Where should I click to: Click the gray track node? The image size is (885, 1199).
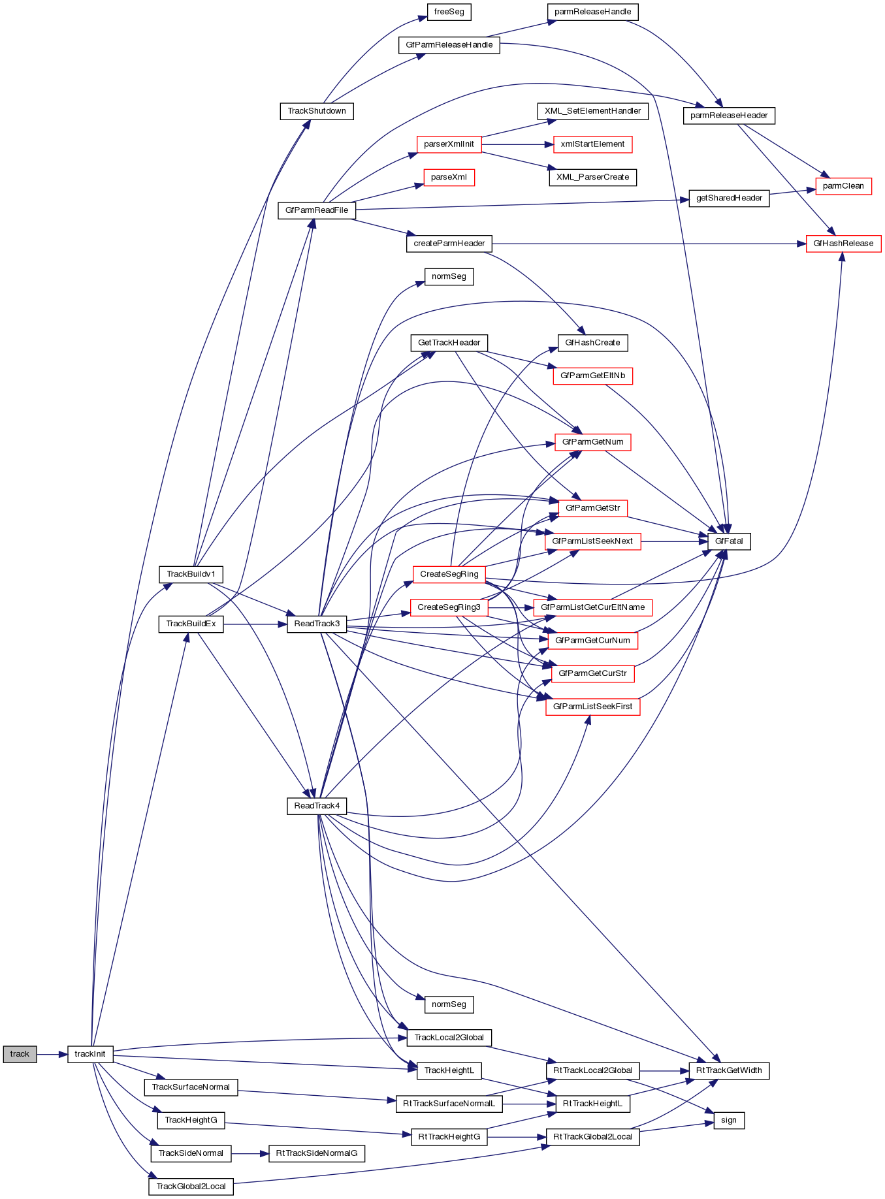tap(20, 1054)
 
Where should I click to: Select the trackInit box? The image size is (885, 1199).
tap(90, 1054)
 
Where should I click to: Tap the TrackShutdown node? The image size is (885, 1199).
tap(317, 111)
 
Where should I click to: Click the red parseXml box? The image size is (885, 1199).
tap(449, 177)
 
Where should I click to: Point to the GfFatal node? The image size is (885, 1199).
tap(729, 541)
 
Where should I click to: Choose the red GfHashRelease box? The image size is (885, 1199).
tap(843, 244)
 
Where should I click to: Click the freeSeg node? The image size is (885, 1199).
tap(449, 12)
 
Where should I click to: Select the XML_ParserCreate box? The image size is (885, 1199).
tap(592, 177)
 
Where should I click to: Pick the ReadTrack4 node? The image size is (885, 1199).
tap(317, 806)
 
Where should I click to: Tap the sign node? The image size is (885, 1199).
tap(729, 1120)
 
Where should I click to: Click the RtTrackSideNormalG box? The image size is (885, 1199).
tap(317, 1153)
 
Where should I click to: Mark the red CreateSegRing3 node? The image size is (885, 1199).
tap(449, 607)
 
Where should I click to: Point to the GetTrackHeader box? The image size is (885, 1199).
tap(449, 343)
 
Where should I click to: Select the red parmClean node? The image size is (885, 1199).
tap(843, 186)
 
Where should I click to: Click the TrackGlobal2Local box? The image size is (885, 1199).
tap(191, 1187)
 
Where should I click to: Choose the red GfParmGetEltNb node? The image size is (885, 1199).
tap(592, 376)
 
